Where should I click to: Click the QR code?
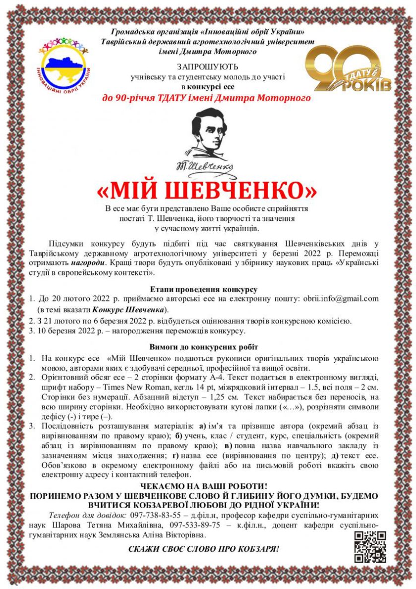[x=370, y=546]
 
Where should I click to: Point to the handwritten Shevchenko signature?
[x=208, y=166]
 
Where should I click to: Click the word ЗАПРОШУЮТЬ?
[x=208, y=67]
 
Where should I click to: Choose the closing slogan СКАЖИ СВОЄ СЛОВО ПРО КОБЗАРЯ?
[x=204, y=549]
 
